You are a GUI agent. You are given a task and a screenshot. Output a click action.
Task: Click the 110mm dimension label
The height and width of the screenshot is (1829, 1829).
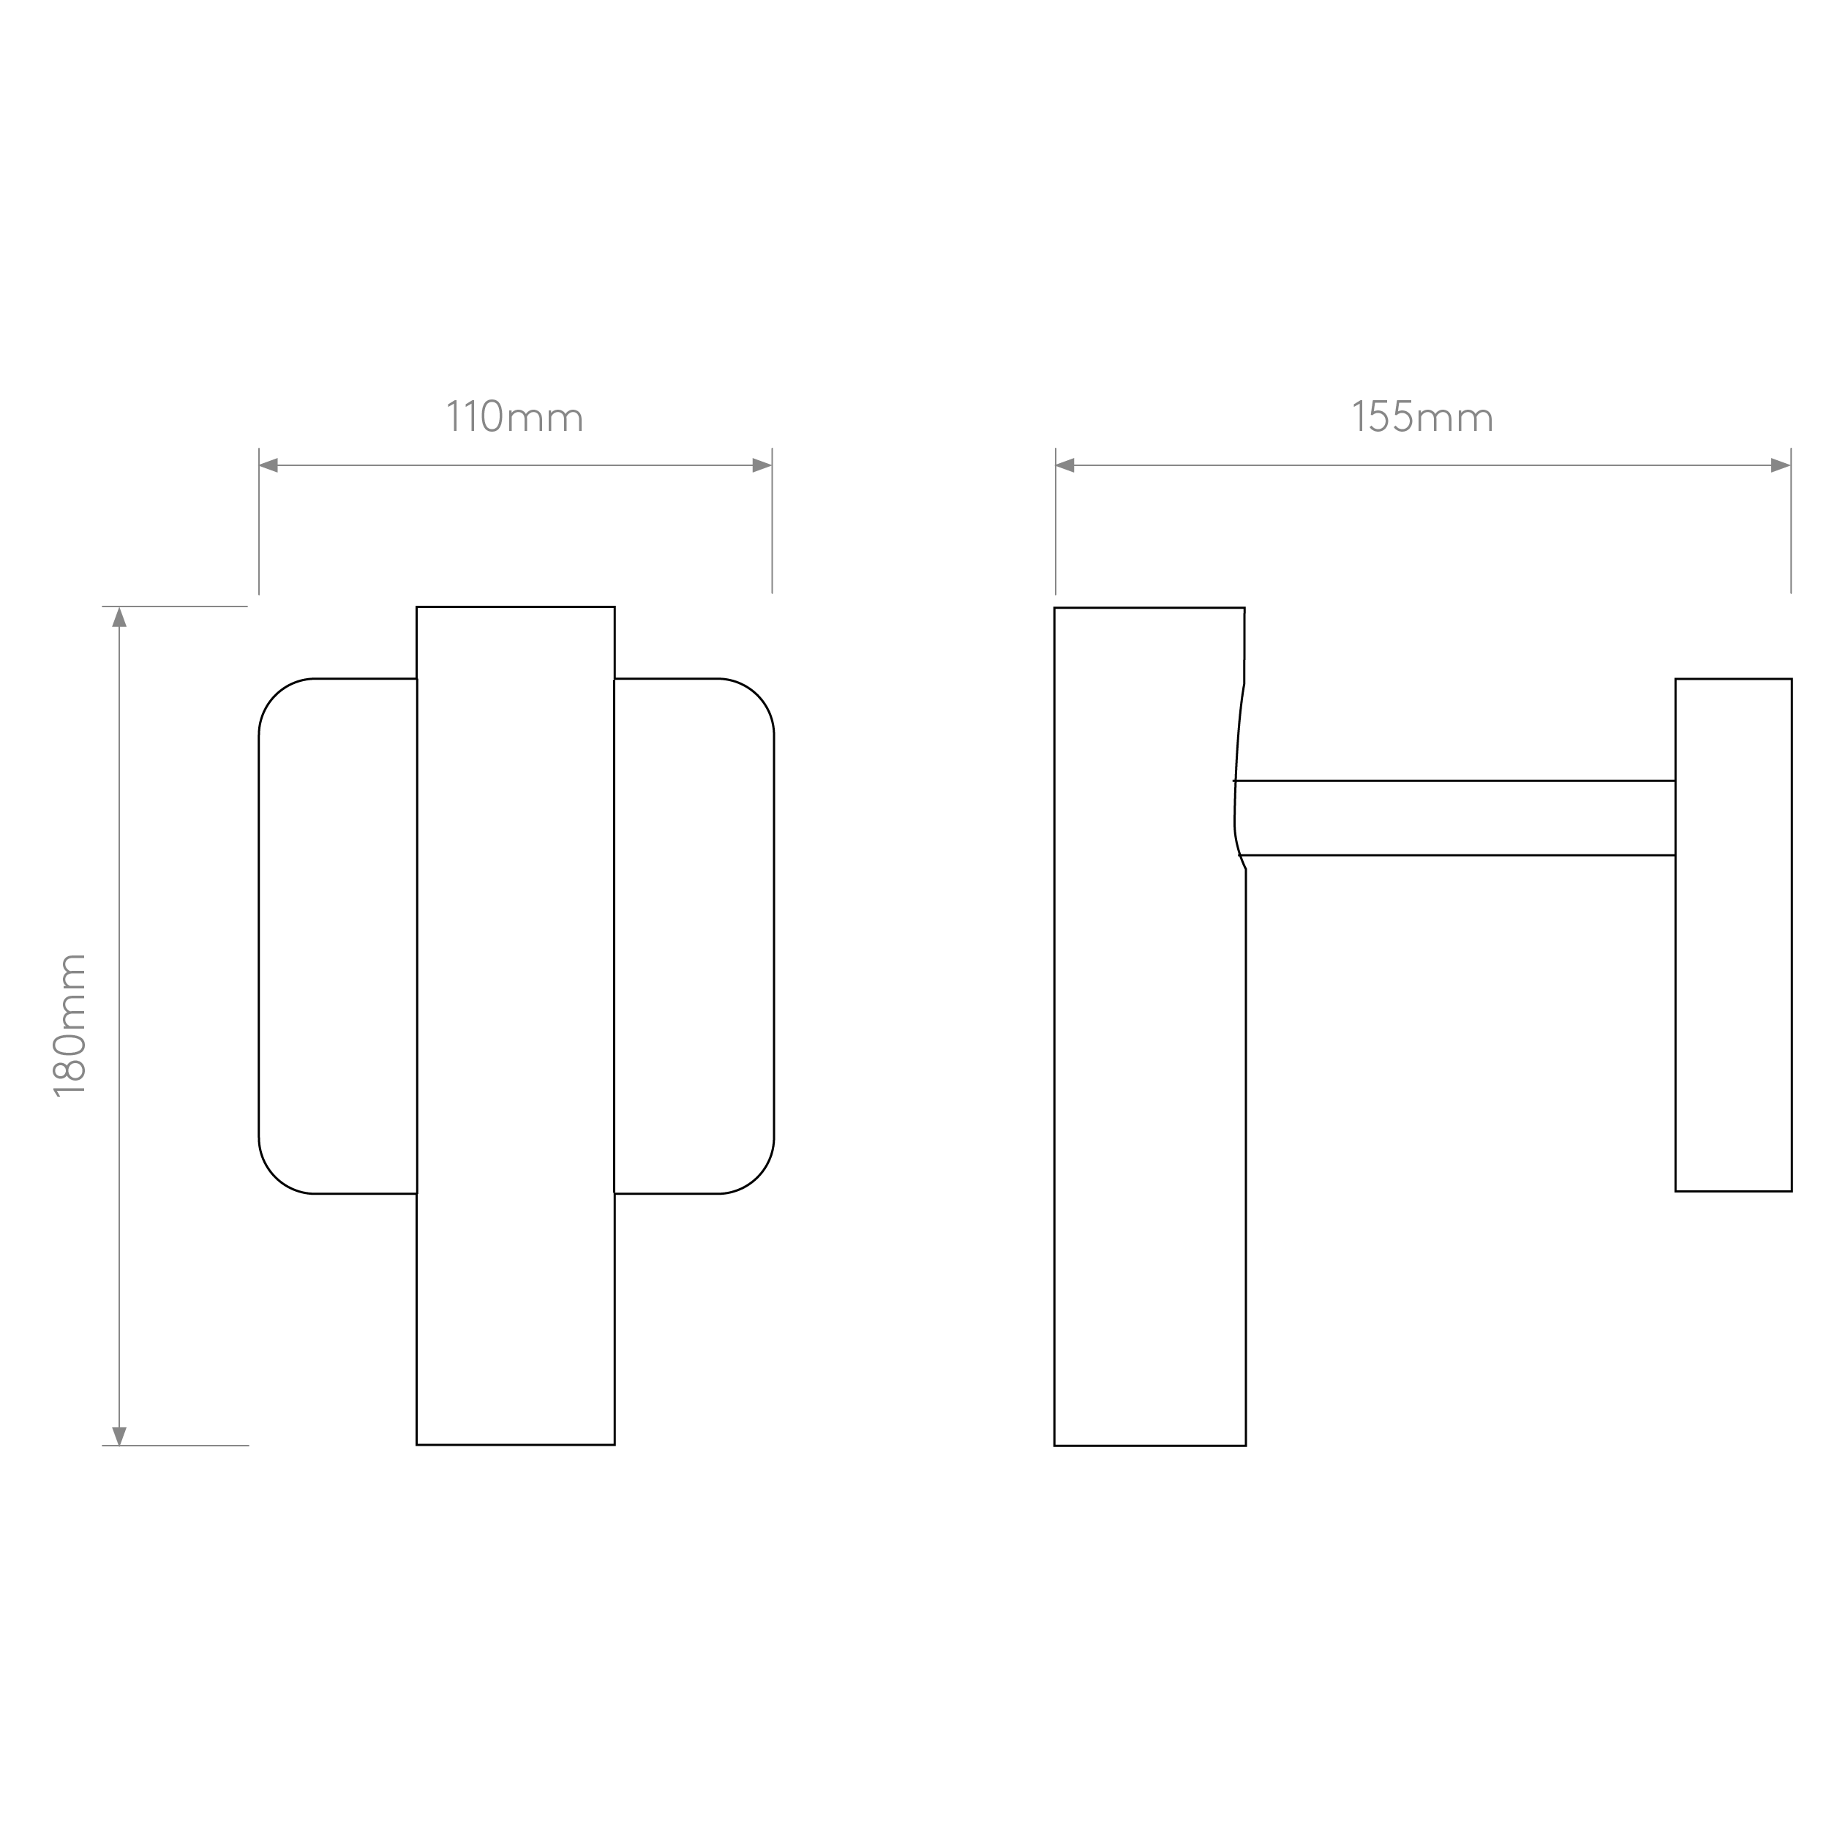pyautogui.click(x=515, y=416)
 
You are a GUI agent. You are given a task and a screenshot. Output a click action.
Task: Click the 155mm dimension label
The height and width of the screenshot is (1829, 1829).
pyautogui.click(x=1423, y=416)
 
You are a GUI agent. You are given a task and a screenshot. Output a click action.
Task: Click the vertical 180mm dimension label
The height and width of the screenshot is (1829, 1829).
pyautogui.click(x=70, y=1025)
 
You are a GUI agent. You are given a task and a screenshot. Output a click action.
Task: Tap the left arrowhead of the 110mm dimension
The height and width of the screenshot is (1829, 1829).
pyautogui.click(x=268, y=465)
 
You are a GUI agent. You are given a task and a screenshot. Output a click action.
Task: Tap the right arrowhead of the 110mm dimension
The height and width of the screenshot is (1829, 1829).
pyautogui.click(x=762, y=465)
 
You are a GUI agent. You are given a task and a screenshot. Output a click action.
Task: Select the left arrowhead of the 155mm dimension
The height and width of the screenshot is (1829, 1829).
pyautogui.click(x=1066, y=465)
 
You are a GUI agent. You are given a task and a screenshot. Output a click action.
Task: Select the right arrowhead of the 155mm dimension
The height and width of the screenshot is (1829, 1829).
pyautogui.click(x=1781, y=465)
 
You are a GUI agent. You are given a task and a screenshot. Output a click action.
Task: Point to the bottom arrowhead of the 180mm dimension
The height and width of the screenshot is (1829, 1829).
pyautogui.click(x=119, y=1435)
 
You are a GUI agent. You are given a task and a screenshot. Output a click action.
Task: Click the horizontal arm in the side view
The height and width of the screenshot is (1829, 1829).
pyautogui.click(x=1456, y=818)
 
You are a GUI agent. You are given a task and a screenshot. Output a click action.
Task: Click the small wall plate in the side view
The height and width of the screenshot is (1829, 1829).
pyautogui.click(x=1733, y=934)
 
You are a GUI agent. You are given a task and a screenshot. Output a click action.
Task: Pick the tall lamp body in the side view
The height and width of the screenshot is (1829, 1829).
pyautogui.click(x=1149, y=1026)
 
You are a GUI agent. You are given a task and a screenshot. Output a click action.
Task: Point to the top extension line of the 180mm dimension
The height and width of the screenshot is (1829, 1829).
pyautogui.click(x=175, y=606)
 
